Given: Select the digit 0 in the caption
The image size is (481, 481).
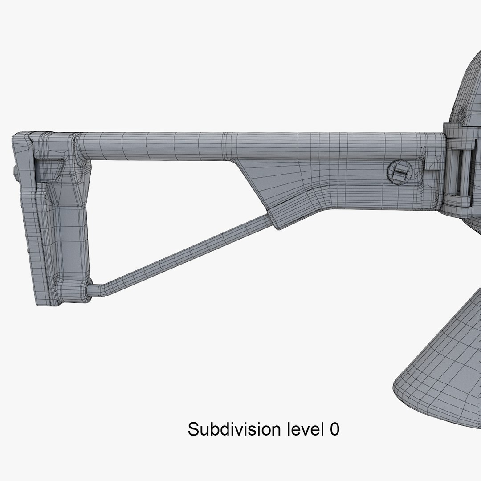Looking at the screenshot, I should pos(334,430).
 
